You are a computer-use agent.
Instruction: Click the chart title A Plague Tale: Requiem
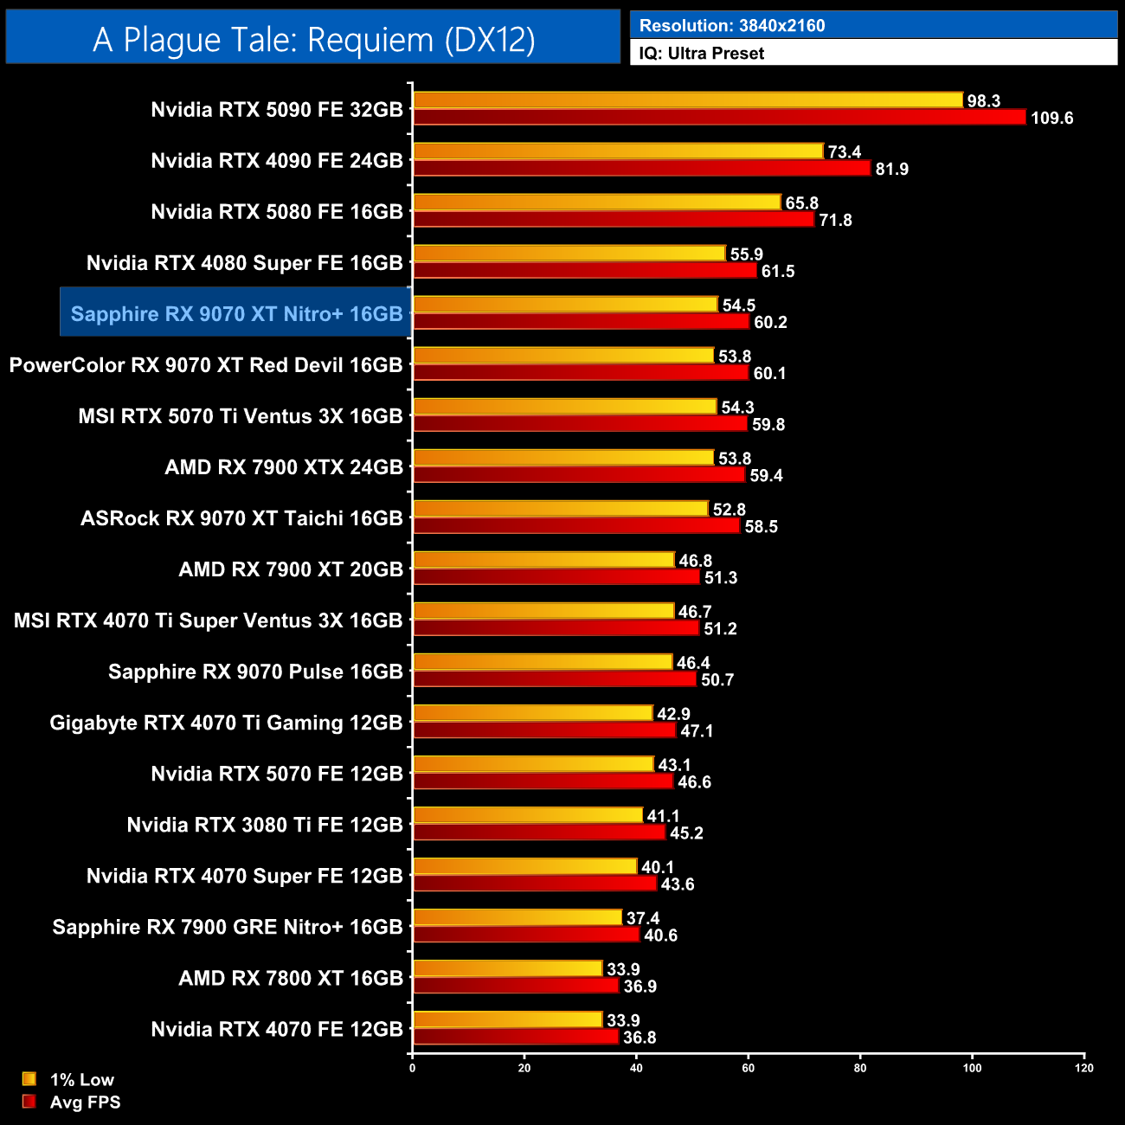pos(313,40)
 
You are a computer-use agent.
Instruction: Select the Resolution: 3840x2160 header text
pos(731,26)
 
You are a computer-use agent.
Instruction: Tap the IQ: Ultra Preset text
pos(701,54)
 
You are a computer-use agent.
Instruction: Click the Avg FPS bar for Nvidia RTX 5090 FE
pos(718,118)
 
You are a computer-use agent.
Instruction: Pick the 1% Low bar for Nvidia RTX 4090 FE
pos(618,151)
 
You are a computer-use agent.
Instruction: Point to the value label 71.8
pos(836,221)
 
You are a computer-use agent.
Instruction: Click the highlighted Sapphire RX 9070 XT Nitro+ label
pos(236,314)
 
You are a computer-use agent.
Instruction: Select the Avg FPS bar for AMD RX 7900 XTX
pos(578,475)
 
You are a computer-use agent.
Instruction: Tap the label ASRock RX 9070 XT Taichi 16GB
pos(241,518)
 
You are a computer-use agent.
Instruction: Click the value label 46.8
pos(696,561)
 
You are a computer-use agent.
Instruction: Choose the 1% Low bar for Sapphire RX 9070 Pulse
pos(543,662)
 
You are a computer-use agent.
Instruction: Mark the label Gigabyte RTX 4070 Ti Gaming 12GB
pos(226,723)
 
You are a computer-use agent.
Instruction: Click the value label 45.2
pos(686,833)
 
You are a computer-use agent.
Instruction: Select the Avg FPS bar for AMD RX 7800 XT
pos(516,986)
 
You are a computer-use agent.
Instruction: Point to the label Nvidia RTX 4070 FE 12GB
pos(277,1029)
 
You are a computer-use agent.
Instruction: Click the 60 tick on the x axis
pos(749,1068)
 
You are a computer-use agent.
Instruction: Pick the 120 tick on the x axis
pos(1083,1068)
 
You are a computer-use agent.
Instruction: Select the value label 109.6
pos(1051,119)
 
